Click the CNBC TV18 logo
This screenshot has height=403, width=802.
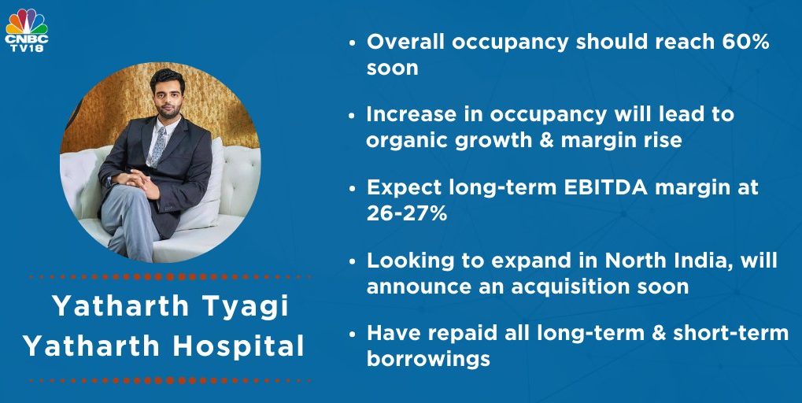point(26,30)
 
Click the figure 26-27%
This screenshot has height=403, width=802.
point(407,213)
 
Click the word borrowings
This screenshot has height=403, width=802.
point(428,359)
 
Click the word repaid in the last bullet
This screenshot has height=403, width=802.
point(460,333)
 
